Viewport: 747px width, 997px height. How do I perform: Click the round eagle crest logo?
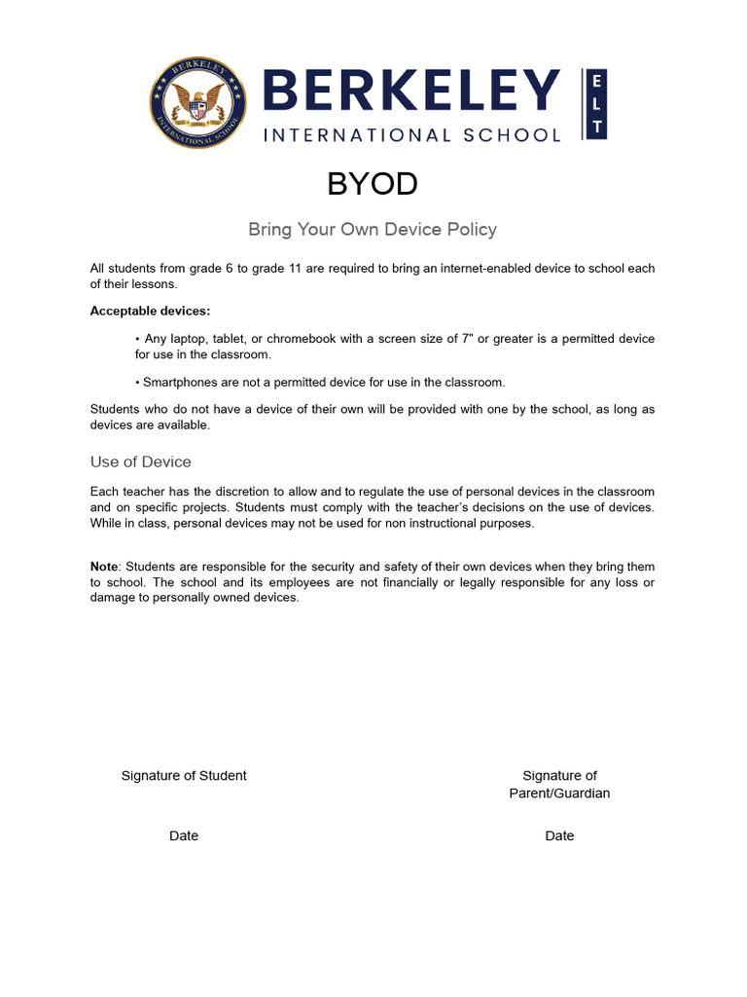[x=199, y=103]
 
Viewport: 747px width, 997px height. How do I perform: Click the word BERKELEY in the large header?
[x=410, y=92]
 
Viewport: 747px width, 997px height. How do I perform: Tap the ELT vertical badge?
[x=595, y=103]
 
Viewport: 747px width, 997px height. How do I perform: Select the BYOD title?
[x=373, y=183]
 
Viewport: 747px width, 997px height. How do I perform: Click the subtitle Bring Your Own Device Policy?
[x=373, y=230]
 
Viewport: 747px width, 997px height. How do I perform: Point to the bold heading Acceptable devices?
[x=150, y=311]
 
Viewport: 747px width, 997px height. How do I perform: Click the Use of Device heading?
[x=141, y=462]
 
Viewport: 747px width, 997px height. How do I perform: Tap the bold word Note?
[x=104, y=567]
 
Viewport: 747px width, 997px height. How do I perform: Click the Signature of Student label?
[x=184, y=776]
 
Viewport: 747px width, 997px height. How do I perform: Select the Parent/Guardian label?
[x=559, y=794]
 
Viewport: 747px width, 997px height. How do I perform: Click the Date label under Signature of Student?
[x=184, y=836]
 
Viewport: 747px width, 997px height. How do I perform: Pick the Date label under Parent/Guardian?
[x=559, y=836]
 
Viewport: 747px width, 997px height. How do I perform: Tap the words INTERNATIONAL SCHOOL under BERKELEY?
[x=412, y=135]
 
